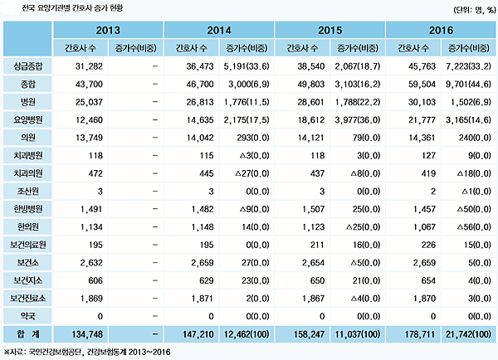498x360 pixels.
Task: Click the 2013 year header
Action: point(108,31)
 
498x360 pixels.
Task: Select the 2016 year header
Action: point(441,31)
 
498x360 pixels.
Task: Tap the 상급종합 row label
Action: point(27,66)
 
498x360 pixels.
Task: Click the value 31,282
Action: point(89,66)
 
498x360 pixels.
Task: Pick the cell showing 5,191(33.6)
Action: point(247,66)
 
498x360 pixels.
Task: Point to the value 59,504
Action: point(422,84)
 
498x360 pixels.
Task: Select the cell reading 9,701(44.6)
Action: point(468,84)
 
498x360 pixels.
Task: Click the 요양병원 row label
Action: point(27,119)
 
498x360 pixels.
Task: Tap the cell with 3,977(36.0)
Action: point(357,119)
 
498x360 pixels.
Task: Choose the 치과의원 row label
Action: point(27,173)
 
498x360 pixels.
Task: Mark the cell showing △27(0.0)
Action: point(252,173)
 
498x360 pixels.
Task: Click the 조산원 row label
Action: point(27,191)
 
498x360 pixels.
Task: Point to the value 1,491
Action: point(91,209)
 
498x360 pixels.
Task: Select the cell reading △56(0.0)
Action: point(474,226)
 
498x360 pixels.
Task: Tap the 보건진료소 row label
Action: point(27,298)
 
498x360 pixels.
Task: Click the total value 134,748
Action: point(87,334)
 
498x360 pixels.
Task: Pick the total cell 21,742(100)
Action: point(468,334)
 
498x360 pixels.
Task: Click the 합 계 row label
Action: point(27,334)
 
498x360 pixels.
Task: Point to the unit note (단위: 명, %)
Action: point(475,10)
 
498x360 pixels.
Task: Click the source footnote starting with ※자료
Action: point(87,352)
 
